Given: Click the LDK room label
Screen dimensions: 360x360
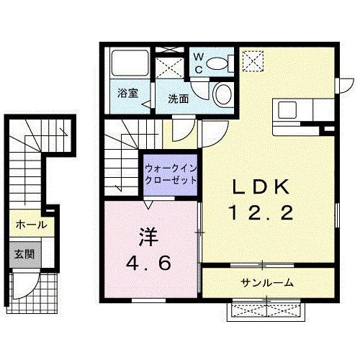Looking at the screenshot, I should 261,188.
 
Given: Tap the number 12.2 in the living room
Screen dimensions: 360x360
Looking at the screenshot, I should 261,212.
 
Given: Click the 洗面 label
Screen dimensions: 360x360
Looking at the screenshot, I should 179,99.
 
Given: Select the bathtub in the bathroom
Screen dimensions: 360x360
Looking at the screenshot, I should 130,66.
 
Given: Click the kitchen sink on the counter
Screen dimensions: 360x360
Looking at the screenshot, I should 287,110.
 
